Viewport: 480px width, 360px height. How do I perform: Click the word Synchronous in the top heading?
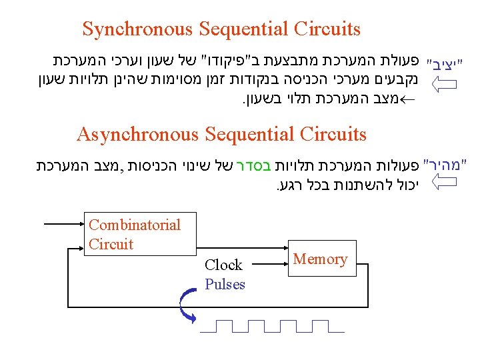[x=135, y=29]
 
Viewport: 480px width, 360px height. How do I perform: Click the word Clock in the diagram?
[x=223, y=265]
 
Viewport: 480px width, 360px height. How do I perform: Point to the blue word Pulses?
[x=225, y=285]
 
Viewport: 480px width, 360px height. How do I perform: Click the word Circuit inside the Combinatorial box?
[x=111, y=244]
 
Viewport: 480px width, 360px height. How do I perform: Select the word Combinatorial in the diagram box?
[x=134, y=225]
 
